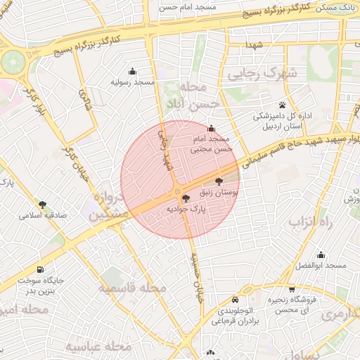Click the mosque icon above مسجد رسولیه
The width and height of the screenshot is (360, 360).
coord(132,71)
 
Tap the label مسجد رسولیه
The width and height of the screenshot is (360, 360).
coord(132,82)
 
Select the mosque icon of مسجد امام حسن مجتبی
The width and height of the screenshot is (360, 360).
coord(212,128)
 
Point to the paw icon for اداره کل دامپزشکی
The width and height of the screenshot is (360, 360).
coord(262,104)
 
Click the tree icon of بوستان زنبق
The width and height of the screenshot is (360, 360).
coord(229,181)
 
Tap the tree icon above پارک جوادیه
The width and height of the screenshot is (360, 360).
coord(186,199)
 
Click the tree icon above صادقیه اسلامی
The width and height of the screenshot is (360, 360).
coord(43,205)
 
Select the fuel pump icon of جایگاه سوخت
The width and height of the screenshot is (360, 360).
coord(39,269)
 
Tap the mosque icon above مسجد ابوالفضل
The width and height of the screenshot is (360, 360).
coord(321,255)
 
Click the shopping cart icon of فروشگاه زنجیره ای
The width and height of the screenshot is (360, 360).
coord(292,290)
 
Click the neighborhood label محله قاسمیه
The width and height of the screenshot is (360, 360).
coord(132,288)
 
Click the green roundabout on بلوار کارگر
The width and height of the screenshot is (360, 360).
coord(13,62)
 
